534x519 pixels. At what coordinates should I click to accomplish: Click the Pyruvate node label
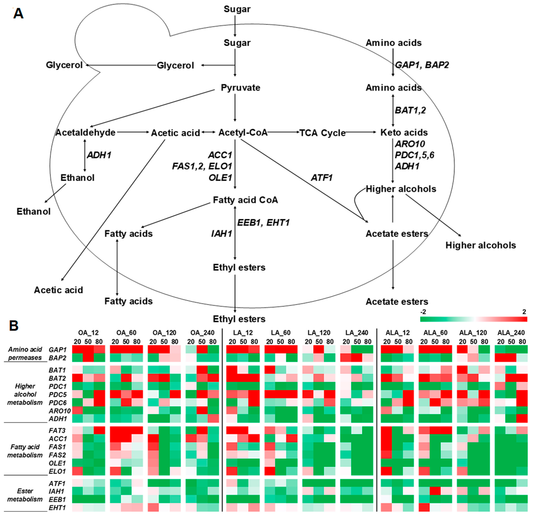pos(240,88)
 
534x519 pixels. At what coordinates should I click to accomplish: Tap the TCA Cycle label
pos(322,133)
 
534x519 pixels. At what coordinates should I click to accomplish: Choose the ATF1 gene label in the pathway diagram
pos(322,178)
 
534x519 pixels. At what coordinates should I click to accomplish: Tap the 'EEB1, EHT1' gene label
pos(263,223)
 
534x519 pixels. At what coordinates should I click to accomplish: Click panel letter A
pos(18,13)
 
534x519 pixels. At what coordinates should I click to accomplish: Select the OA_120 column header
pos(164,333)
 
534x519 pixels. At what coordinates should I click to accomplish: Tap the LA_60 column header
pos(281,333)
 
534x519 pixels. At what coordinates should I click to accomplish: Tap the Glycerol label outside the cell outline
pos(64,65)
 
